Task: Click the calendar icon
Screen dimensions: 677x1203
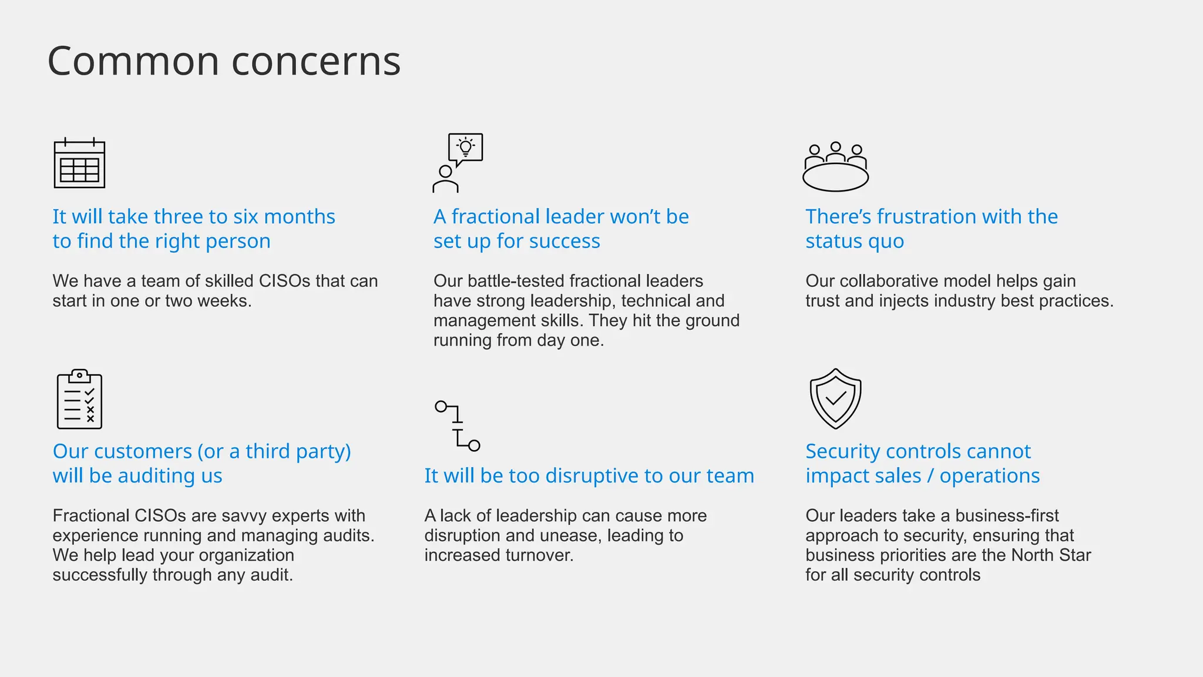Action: (79, 163)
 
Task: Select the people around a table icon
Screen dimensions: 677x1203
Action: (835, 167)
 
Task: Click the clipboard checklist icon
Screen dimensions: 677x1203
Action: (79, 399)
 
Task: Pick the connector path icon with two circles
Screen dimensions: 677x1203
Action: (458, 425)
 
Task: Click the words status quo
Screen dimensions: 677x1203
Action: (855, 242)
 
